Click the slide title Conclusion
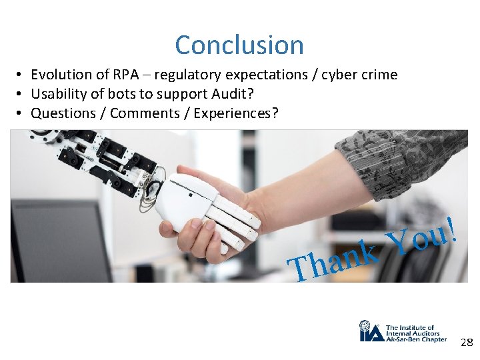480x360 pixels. tap(239, 45)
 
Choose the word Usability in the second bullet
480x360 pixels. tap(60, 94)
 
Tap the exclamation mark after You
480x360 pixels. tap(453, 228)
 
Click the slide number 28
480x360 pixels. tap(466, 343)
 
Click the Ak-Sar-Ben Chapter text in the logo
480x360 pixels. tap(417, 339)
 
